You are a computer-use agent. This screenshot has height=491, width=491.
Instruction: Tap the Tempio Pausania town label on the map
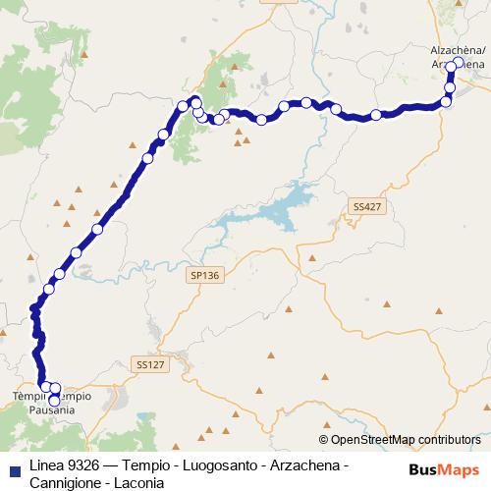pos(52,403)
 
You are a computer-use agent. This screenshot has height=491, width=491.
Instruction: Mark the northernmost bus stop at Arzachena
pos(457,64)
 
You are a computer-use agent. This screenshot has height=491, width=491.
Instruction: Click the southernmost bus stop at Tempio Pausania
pos(54,400)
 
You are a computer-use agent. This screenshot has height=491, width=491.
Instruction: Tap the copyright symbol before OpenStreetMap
pos(325,440)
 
